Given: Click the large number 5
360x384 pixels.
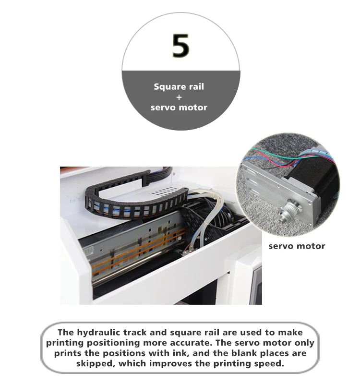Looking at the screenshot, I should [x=180, y=46].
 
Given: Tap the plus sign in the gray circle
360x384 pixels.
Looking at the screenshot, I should [x=179, y=97].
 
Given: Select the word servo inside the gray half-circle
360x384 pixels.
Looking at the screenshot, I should [x=163, y=108].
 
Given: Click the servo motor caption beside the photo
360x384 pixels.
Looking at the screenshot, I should [x=296, y=246].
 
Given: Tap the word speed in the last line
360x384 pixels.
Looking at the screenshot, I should [x=272, y=363].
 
